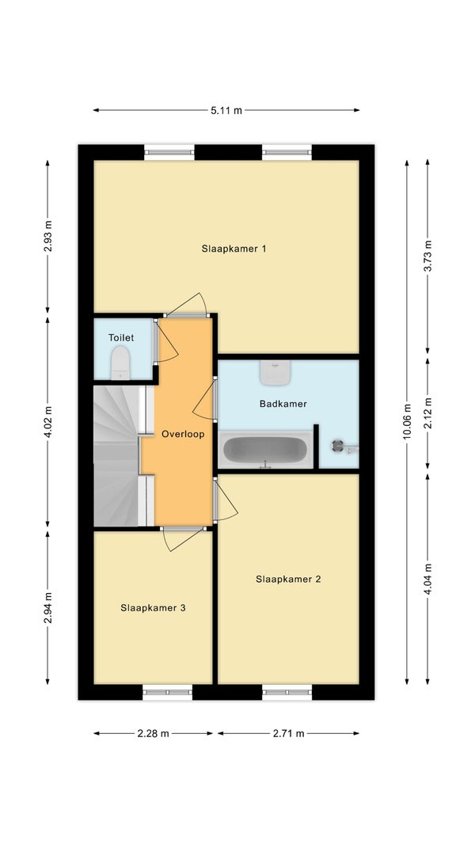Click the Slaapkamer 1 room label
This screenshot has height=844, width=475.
(234, 249)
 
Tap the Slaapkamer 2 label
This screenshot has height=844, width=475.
(288, 580)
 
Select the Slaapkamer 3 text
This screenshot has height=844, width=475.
(154, 608)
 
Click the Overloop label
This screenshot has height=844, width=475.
(183, 434)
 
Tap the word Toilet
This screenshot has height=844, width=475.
(121, 338)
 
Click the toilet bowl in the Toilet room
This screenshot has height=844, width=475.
(120, 363)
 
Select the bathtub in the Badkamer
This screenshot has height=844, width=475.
(265, 450)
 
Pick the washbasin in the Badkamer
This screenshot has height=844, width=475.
(275, 372)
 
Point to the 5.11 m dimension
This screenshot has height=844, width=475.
(226, 110)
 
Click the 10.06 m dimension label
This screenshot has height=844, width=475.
(407, 423)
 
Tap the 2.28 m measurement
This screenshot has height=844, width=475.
(154, 733)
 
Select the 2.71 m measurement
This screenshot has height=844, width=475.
(288, 733)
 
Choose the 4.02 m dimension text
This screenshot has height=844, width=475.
(47, 423)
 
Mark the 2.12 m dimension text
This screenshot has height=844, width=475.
(427, 412)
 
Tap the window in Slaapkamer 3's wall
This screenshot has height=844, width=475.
(167, 692)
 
